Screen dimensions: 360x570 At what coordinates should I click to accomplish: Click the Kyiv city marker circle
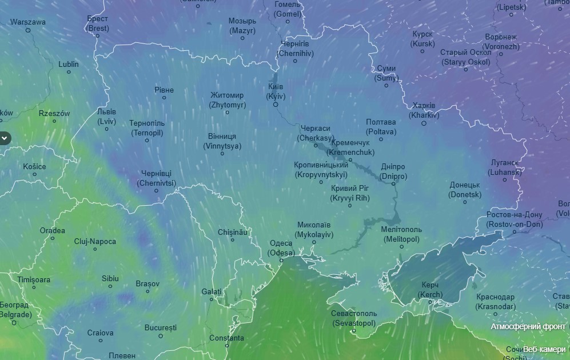coord(276,105)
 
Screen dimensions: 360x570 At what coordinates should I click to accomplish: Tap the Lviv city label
coord(106,117)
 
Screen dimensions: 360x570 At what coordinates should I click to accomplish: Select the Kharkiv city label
coord(424,110)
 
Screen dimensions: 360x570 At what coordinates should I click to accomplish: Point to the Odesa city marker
coord(281,261)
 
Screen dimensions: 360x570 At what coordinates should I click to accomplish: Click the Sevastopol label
coord(354,318)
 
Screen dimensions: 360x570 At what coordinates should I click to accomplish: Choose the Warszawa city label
coord(28,22)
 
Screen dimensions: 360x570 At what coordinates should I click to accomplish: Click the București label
coord(161,328)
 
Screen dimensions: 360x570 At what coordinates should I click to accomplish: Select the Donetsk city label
coord(465,190)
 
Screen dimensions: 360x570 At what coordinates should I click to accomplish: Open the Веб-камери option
coord(544,349)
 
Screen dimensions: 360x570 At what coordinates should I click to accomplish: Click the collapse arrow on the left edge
coord(4,138)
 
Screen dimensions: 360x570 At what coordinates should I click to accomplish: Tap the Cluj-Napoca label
coord(95,242)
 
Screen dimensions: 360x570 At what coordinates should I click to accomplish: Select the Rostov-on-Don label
coord(514,219)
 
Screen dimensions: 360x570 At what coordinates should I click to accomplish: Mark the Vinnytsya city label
coord(222,141)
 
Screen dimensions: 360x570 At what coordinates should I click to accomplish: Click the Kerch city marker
coord(430,303)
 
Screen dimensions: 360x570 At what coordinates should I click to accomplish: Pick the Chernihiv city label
coord(296,49)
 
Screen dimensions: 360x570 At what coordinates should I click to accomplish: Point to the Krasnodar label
coord(495,302)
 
